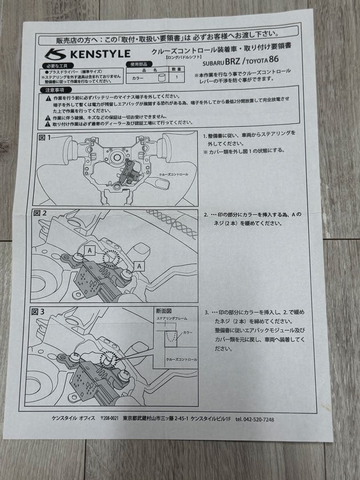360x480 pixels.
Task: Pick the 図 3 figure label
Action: (39, 312)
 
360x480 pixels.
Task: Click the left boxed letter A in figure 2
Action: (90, 251)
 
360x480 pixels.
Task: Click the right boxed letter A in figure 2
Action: (140, 266)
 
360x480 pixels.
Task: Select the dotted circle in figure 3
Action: (109, 359)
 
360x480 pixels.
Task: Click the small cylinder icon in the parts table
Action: (162, 77)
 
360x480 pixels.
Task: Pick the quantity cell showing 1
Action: (177, 77)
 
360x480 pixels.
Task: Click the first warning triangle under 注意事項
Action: (48, 97)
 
